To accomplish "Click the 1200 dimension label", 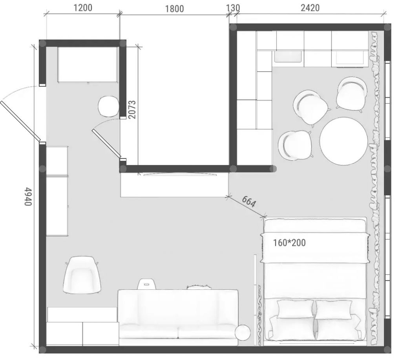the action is coord(83,8).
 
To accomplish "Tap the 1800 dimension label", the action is coord(174,9).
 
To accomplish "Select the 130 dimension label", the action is coord(233,8).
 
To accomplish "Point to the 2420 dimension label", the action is coord(310,8).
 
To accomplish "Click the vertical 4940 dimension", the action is coord(28,196).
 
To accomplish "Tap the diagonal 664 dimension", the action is coord(249,202).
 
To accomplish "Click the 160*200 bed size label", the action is coord(289,243).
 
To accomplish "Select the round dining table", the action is coord(344,141).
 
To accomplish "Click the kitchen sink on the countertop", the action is coord(288,56).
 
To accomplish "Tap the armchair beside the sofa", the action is coord(82,275).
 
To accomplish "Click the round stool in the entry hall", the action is coord(109,107).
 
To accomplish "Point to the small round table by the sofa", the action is coord(243,333).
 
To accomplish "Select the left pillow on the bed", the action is coord(295,309).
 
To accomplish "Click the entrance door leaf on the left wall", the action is coord(20,121).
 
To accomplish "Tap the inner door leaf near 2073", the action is coord(106,144).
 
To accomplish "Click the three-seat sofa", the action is coord(178,318).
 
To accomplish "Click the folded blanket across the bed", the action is coord(315,247).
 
